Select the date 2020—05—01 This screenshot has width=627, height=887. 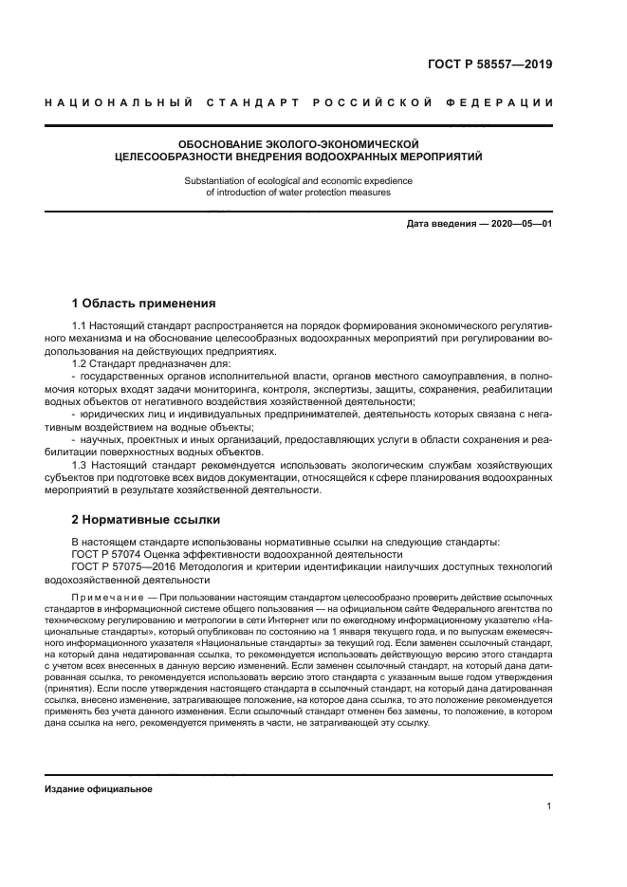(x=521, y=224)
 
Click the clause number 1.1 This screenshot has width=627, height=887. (x=80, y=326)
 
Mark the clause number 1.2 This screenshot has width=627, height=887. (x=80, y=363)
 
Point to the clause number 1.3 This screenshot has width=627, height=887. (x=80, y=464)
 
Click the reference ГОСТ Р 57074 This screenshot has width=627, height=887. (x=110, y=554)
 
